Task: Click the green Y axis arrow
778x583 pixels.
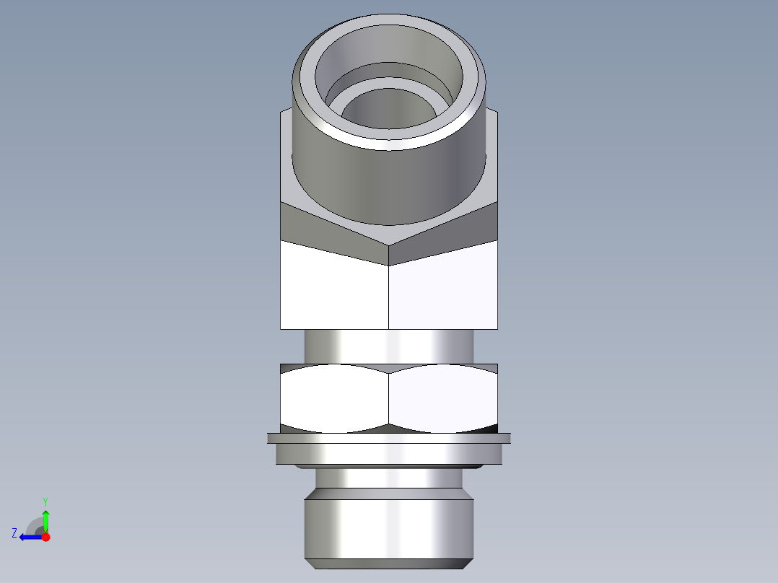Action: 45,520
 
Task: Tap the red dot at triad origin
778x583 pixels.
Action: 45,537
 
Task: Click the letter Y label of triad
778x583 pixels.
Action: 45,501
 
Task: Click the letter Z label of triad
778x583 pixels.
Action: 14,533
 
